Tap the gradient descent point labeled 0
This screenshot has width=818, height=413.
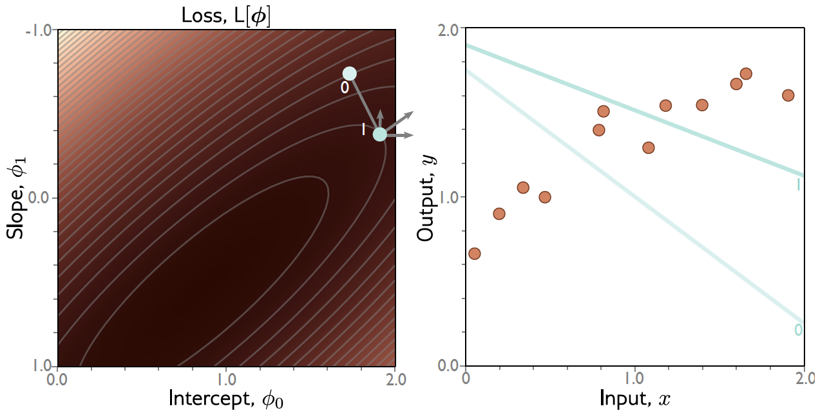[349, 73]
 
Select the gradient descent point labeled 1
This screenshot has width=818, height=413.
[380, 134]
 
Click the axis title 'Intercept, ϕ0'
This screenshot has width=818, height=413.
[226, 399]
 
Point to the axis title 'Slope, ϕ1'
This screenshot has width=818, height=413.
[17, 199]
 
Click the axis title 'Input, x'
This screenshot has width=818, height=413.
[635, 399]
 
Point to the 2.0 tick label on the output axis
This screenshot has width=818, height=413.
[448, 30]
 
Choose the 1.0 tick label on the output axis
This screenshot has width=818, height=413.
[448, 197]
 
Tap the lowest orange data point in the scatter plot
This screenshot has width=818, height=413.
[475, 253]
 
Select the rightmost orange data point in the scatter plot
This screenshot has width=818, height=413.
[788, 95]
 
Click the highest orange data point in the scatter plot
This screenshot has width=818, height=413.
[746, 73]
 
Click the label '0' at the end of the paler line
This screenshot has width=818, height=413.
[798, 330]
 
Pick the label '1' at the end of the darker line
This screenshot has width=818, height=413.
[799, 185]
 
